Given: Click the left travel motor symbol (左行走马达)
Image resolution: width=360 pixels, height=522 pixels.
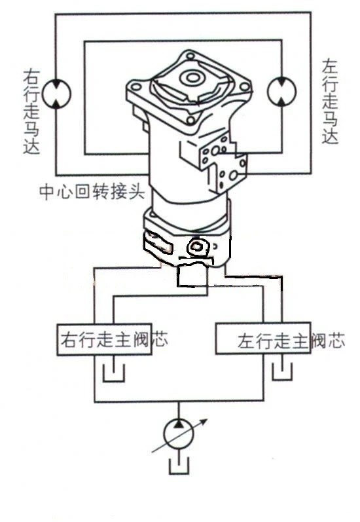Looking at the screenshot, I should click(282, 91).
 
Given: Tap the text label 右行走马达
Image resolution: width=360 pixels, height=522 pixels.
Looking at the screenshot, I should click(31, 111).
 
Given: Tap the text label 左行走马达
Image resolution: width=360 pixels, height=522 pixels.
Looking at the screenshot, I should click(330, 102).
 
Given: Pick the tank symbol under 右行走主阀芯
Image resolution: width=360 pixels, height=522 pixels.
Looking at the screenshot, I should click(113, 373).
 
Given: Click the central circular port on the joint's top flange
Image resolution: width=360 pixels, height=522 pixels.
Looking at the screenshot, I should click(192, 80).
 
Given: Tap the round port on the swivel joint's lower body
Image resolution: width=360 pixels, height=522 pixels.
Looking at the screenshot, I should click(196, 248).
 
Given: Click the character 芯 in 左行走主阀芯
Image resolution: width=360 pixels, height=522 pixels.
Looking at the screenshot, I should click(335, 341).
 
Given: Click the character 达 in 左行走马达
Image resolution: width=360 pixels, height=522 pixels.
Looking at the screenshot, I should click(330, 136).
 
